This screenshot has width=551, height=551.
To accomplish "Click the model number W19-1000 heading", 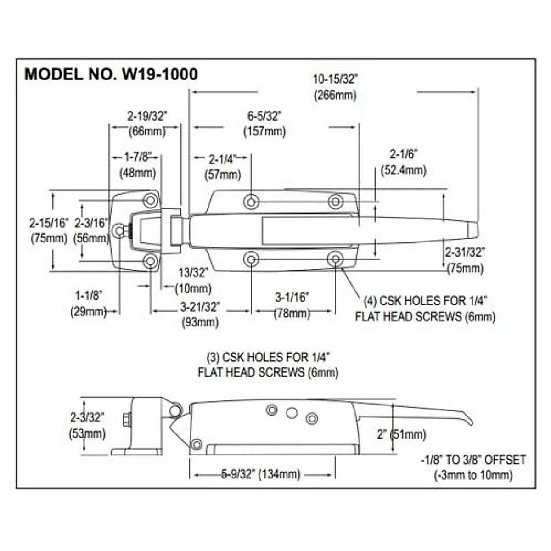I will pos(111,74).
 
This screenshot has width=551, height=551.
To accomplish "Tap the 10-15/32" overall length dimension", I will pos(335,79).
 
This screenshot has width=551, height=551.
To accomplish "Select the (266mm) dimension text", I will pos(335,95).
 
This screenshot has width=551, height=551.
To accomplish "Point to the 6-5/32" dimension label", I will pos(264,116).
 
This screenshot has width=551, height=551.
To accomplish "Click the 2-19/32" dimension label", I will pos(147,116).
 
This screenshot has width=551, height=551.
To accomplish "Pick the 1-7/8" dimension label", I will pos(137,157).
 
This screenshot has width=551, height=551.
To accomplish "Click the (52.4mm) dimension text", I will pos(404,170).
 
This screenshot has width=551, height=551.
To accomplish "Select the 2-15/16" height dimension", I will pos(49,223).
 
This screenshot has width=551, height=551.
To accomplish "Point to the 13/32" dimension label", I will pos(193,273).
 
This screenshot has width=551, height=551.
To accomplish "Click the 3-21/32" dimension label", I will pos(200,306).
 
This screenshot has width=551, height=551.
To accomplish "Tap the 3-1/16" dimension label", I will pos(292,298).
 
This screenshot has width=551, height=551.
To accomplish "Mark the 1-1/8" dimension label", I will pos(89,295).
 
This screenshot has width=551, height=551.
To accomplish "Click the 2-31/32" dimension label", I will pos(465,252).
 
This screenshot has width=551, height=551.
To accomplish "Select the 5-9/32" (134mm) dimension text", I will pos(261,474).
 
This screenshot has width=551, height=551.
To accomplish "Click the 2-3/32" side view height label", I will pos(87,417).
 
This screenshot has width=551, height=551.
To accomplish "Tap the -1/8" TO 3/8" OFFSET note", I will pos(473,460).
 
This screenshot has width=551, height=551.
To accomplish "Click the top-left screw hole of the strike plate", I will pos(150,201).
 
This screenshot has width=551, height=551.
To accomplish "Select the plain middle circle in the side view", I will pos(292,413).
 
